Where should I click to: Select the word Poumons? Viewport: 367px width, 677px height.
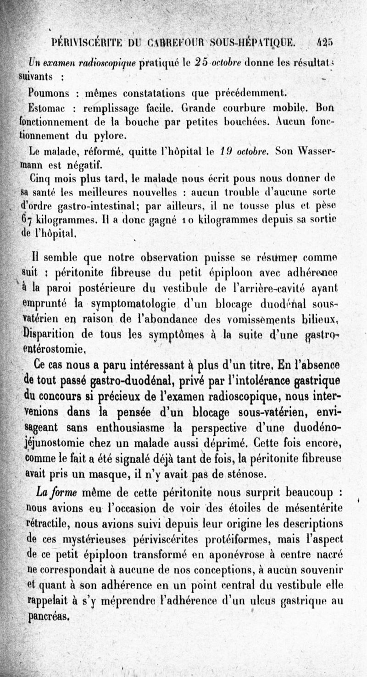[48, 93]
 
